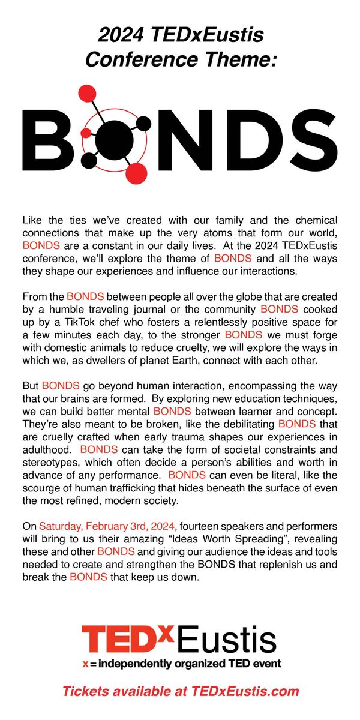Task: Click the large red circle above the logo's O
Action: tap(88, 95)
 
